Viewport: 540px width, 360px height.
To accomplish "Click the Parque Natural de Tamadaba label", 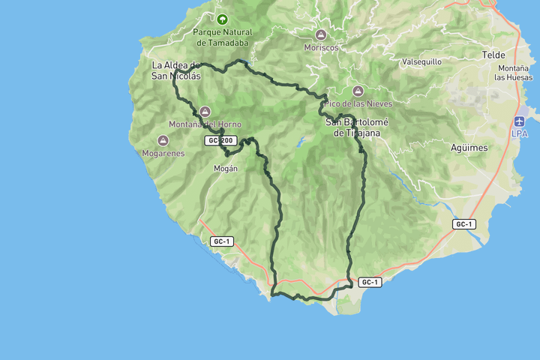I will coord(222,37).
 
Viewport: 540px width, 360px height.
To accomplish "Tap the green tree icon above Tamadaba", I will coord(222,19).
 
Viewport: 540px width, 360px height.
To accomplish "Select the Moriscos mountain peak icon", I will coord(321,35).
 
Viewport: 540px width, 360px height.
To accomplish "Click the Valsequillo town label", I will coord(421,61).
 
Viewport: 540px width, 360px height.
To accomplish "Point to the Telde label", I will coord(493,55).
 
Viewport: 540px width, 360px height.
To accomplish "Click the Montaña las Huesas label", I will coord(514,73).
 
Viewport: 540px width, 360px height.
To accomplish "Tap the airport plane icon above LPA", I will coord(521,121).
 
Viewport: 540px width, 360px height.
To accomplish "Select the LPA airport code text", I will coord(521,134).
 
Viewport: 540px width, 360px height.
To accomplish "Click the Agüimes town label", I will coord(469,148).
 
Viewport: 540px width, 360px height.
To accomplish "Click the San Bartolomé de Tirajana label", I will coord(352,127).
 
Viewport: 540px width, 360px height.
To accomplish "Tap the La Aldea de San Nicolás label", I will coord(176,70).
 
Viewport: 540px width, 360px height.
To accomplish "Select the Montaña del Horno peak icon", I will coord(205,112).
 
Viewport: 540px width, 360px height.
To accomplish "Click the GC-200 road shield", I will coord(220,140).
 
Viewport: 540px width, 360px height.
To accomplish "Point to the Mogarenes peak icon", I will coord(163,140).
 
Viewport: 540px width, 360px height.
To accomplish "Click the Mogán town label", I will coord(226,168).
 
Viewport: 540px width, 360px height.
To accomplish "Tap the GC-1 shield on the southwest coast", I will coord(220,241).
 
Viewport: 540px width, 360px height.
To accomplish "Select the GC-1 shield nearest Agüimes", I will coord(464,224).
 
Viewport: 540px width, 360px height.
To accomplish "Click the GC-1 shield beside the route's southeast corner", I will coord(370,282).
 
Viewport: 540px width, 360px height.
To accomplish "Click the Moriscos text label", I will coord(321,47).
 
